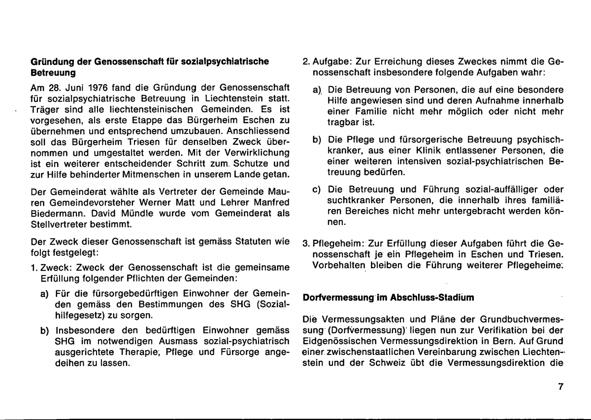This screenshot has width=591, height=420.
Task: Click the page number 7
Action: click(560, 387)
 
